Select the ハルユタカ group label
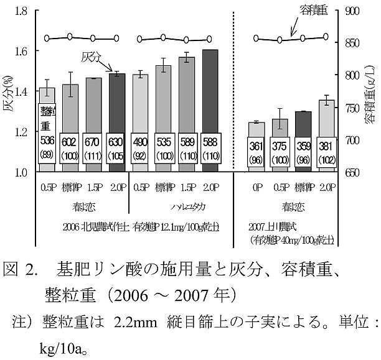[x=175, y=205]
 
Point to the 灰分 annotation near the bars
[x=92, y=58]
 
